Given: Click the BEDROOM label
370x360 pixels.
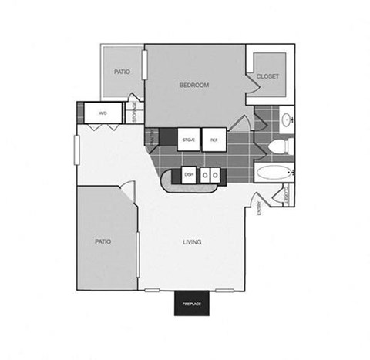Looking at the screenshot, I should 194,85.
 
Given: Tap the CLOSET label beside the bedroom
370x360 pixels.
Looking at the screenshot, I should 267,76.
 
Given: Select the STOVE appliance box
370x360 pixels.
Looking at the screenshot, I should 188,140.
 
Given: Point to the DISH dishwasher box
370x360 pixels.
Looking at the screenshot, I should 189,175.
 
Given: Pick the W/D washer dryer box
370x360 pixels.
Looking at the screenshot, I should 103,113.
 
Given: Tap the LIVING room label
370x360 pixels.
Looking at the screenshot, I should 192,242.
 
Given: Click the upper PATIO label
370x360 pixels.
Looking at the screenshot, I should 122,72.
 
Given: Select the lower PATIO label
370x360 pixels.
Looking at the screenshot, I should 103,241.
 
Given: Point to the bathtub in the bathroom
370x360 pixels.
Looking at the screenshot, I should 274,173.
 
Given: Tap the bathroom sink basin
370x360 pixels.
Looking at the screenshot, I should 287,119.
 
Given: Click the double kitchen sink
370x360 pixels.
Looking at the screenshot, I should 210,175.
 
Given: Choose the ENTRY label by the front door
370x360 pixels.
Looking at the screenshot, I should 259,207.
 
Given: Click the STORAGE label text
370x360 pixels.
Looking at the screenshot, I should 136,113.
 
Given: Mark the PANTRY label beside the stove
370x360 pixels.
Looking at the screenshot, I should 153,137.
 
